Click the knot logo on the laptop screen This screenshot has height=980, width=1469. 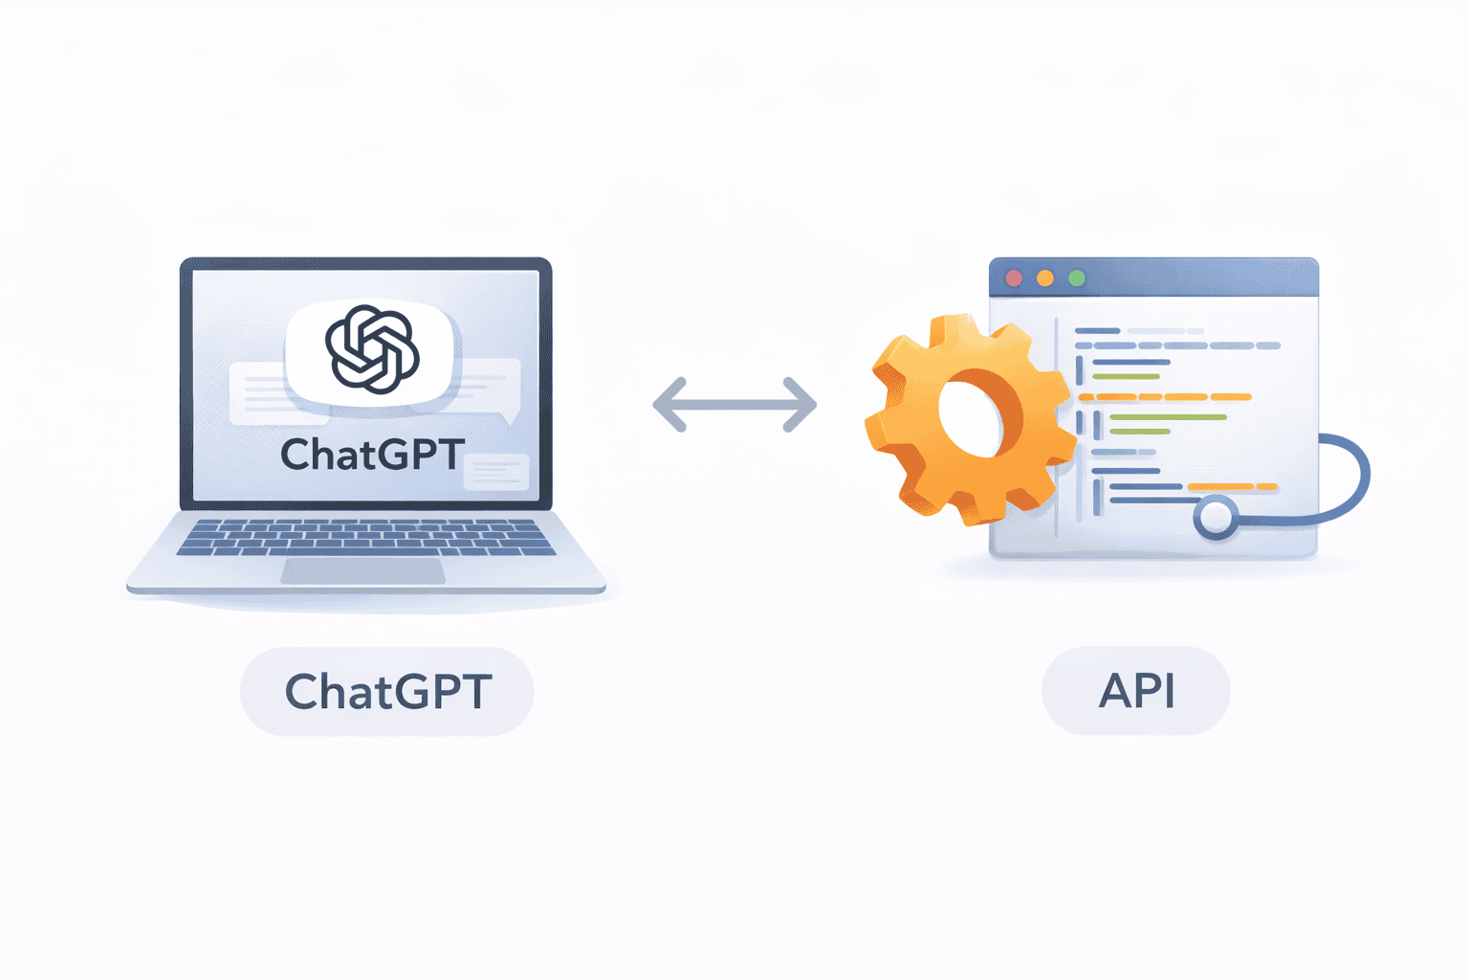[372, 349]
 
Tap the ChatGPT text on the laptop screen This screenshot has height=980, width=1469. [373, 455]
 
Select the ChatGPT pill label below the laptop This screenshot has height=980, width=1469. [387, 691]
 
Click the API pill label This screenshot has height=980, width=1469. [1136, 691]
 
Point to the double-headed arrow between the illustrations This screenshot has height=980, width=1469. [734, 405]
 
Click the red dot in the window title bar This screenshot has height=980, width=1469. [1015, 278]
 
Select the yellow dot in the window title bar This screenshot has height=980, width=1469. [1045, 278]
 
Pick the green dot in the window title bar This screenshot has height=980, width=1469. [1077, 278]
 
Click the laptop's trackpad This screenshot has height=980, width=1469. [363, 571]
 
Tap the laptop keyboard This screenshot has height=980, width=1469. [366, 538]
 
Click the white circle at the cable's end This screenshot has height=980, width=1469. [1216, 518]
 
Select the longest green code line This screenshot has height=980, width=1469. [1168, 417]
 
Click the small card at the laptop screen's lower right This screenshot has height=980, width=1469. [496, 472]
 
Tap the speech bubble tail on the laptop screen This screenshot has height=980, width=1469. [511, 416]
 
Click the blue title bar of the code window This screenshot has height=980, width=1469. [1195, 278]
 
